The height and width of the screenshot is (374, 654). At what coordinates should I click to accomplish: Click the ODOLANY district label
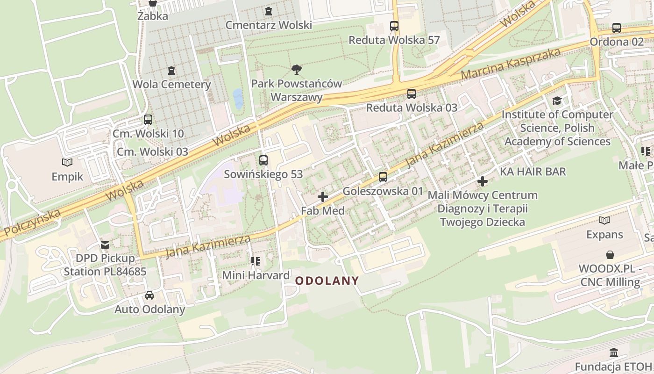[327, 281]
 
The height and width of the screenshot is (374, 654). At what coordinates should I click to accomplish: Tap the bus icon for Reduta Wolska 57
[394, 26]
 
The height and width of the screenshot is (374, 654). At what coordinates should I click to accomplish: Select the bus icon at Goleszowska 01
[383, 177]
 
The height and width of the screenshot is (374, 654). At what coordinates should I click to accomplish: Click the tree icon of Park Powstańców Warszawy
[296, 70]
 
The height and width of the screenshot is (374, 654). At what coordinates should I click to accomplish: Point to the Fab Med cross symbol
[322, 197]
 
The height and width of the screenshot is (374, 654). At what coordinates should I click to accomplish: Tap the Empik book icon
[67, 163]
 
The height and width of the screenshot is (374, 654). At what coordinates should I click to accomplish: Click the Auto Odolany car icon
[149, 295]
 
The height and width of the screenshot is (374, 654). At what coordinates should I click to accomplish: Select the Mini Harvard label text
[256, 275]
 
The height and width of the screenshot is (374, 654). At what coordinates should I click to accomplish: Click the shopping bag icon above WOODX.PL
[610, 255]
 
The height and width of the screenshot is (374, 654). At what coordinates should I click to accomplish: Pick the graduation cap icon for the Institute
[557, 101]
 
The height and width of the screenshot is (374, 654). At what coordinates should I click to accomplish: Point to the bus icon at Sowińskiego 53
[263, 160]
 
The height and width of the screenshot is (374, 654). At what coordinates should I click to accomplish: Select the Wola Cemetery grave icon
[171, 71]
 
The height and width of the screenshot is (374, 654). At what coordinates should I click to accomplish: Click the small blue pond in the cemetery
[238, 99]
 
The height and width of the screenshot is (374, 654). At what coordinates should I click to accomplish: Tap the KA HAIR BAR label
[533, 172]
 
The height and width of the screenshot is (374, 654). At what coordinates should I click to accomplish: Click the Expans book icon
[604, 220]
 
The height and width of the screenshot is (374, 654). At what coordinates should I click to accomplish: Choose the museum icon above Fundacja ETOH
[614, 352]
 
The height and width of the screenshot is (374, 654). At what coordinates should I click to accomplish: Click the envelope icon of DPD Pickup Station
[105, 245]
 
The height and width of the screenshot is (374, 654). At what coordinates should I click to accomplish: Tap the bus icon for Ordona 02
[617, 28]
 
